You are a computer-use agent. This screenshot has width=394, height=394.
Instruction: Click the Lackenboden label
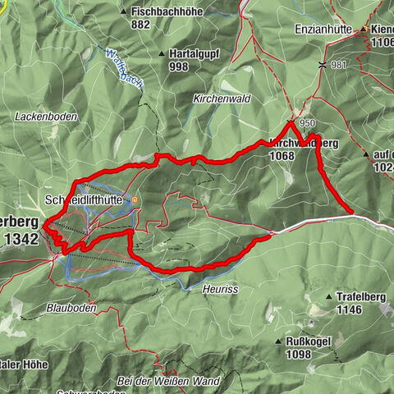(46, 117)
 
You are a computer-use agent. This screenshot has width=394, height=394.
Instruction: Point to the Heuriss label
(218, 288)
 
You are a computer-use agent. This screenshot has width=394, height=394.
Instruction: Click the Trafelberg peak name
(363, 296)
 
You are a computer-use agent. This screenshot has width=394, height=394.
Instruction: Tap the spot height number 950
(308, 124)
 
